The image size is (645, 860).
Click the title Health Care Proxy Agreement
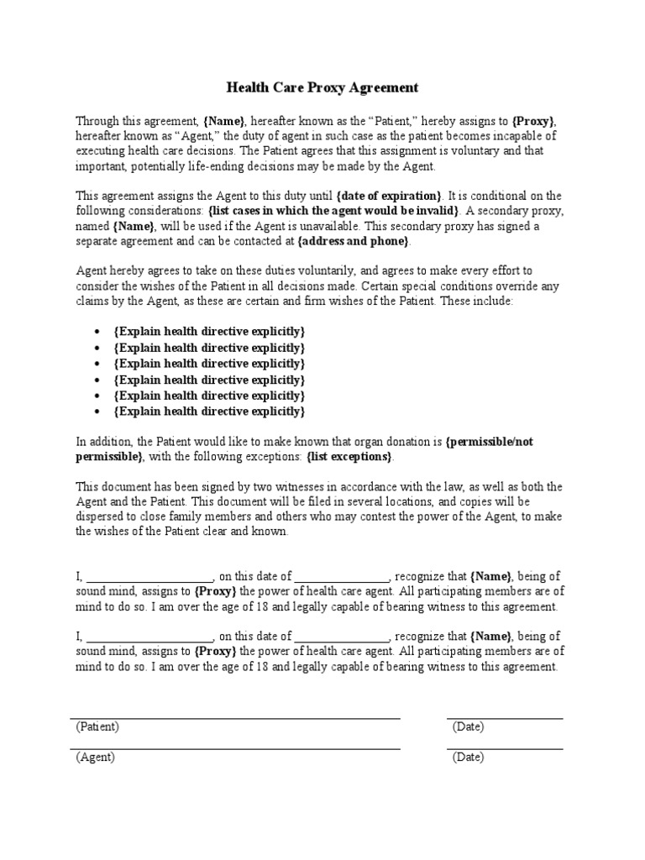322,87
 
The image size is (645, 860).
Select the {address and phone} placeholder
354,242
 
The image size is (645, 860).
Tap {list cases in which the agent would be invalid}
321,212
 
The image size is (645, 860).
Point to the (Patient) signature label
97,726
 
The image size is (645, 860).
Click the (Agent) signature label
96,757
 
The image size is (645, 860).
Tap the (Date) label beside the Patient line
468,726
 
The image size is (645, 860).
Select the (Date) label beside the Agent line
468,757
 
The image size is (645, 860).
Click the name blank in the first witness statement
149,577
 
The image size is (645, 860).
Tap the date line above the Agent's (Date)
505,749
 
